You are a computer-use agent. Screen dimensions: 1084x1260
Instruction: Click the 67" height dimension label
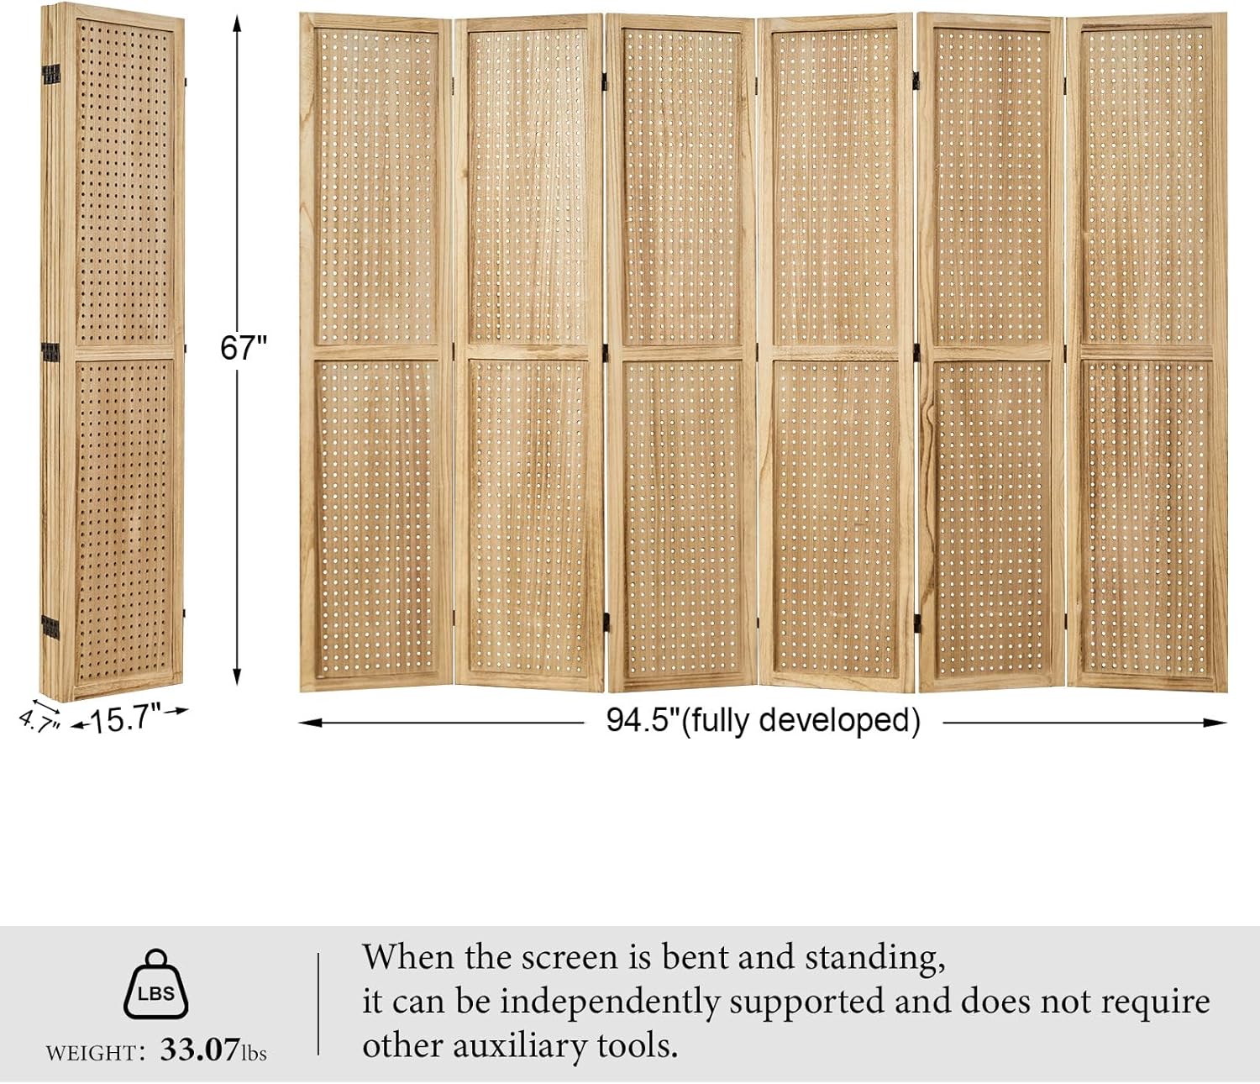tap(243, 347)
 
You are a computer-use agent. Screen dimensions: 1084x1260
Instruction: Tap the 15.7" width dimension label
tap(126, 719)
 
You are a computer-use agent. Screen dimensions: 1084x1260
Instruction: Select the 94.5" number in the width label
tap(642, 720)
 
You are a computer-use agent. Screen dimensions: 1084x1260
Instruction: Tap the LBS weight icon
tap(156, 985)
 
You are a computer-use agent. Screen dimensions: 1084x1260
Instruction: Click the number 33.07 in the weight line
tap(200, 1050)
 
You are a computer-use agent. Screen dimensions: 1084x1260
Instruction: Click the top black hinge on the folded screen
tap(50, 74)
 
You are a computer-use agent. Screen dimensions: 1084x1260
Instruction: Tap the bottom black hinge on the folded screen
tap(50, 626)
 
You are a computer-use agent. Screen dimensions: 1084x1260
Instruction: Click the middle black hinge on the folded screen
tap(50, 350)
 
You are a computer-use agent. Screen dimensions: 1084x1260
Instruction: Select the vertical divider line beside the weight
tap(318, 1003)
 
